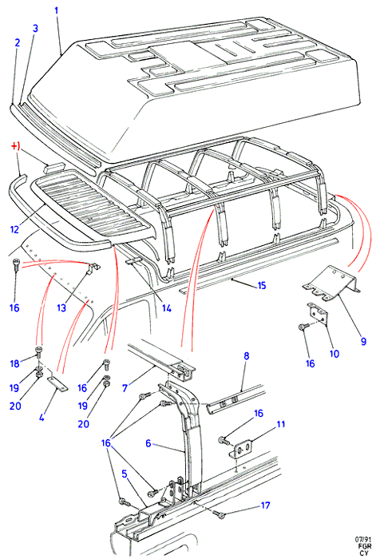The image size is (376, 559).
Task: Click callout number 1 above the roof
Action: coord(57,11)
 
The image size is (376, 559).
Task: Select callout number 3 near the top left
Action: coord(35,29)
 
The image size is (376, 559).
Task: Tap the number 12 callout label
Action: coord(14,229)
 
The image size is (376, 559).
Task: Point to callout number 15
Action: coord(262,285)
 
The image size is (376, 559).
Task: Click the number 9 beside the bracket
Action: coord(363,341)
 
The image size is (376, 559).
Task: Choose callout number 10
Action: coord(334,354)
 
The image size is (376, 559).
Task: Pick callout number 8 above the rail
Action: coord(246,356)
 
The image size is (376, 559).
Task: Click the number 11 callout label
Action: coord(281,424)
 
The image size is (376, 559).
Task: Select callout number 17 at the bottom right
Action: coord(265,505)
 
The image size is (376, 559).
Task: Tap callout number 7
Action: coord(125,388)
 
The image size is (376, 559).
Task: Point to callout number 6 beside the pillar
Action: coord(148,443)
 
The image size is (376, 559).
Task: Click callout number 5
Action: coord(125,474)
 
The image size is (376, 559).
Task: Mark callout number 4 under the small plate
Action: coord(42,417)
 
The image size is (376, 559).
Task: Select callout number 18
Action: coord(14,363)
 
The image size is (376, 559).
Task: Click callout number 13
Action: coord(61,307)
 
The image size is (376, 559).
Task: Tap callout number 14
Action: coord(166,307)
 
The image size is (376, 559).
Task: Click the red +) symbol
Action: coord(15,146)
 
